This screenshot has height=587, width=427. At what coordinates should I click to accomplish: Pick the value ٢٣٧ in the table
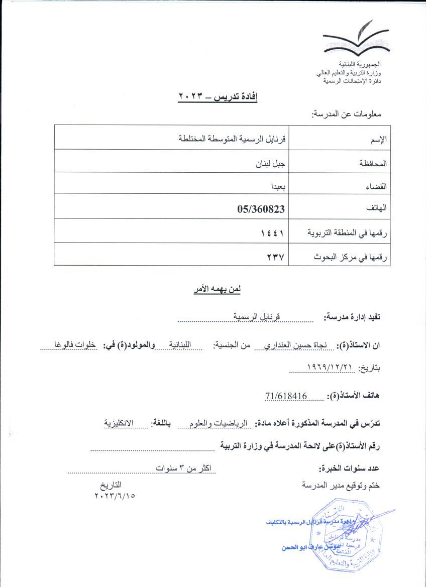[x=276, y=257]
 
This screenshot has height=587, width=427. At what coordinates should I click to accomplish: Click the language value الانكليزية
[x=120, y=423]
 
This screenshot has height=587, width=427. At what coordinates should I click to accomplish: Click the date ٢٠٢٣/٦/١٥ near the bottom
[x=115, y=496]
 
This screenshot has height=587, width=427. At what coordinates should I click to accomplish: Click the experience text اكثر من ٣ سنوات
[x=183, y=468]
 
